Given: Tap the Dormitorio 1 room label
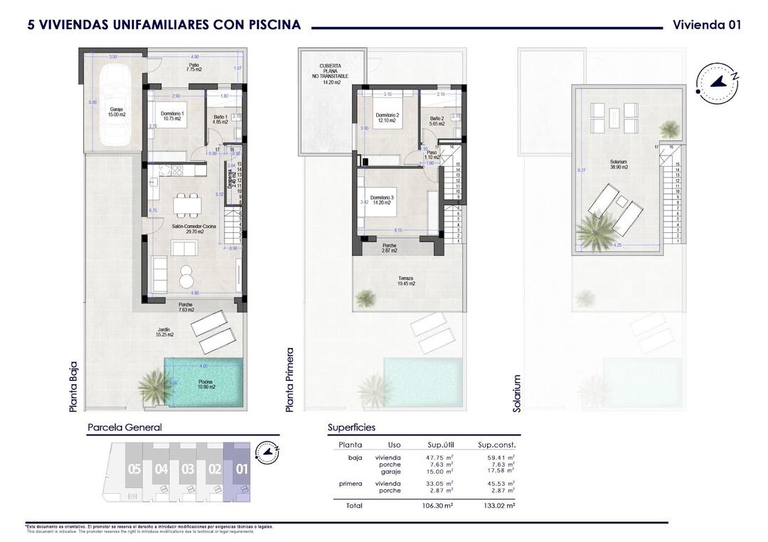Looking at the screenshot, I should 173,116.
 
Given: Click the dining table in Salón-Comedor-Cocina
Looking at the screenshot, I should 188,204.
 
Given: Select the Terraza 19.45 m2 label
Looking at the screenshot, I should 407,281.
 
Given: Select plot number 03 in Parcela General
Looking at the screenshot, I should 188,469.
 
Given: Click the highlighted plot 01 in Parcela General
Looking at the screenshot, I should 240,469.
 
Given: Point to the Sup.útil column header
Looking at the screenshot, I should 441,445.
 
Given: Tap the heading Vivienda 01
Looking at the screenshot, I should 706,25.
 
